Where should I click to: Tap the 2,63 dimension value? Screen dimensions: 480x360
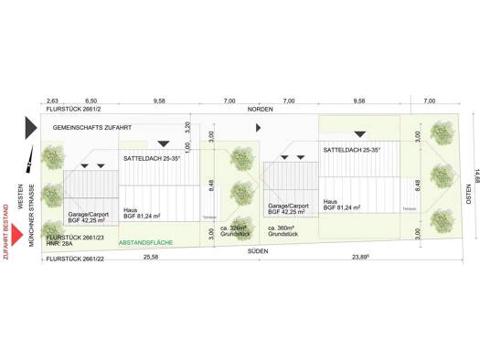(x=52, y=101)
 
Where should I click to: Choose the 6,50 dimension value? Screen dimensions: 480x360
(x=91, y=101)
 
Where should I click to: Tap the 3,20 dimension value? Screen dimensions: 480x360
(x=186, y=129)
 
